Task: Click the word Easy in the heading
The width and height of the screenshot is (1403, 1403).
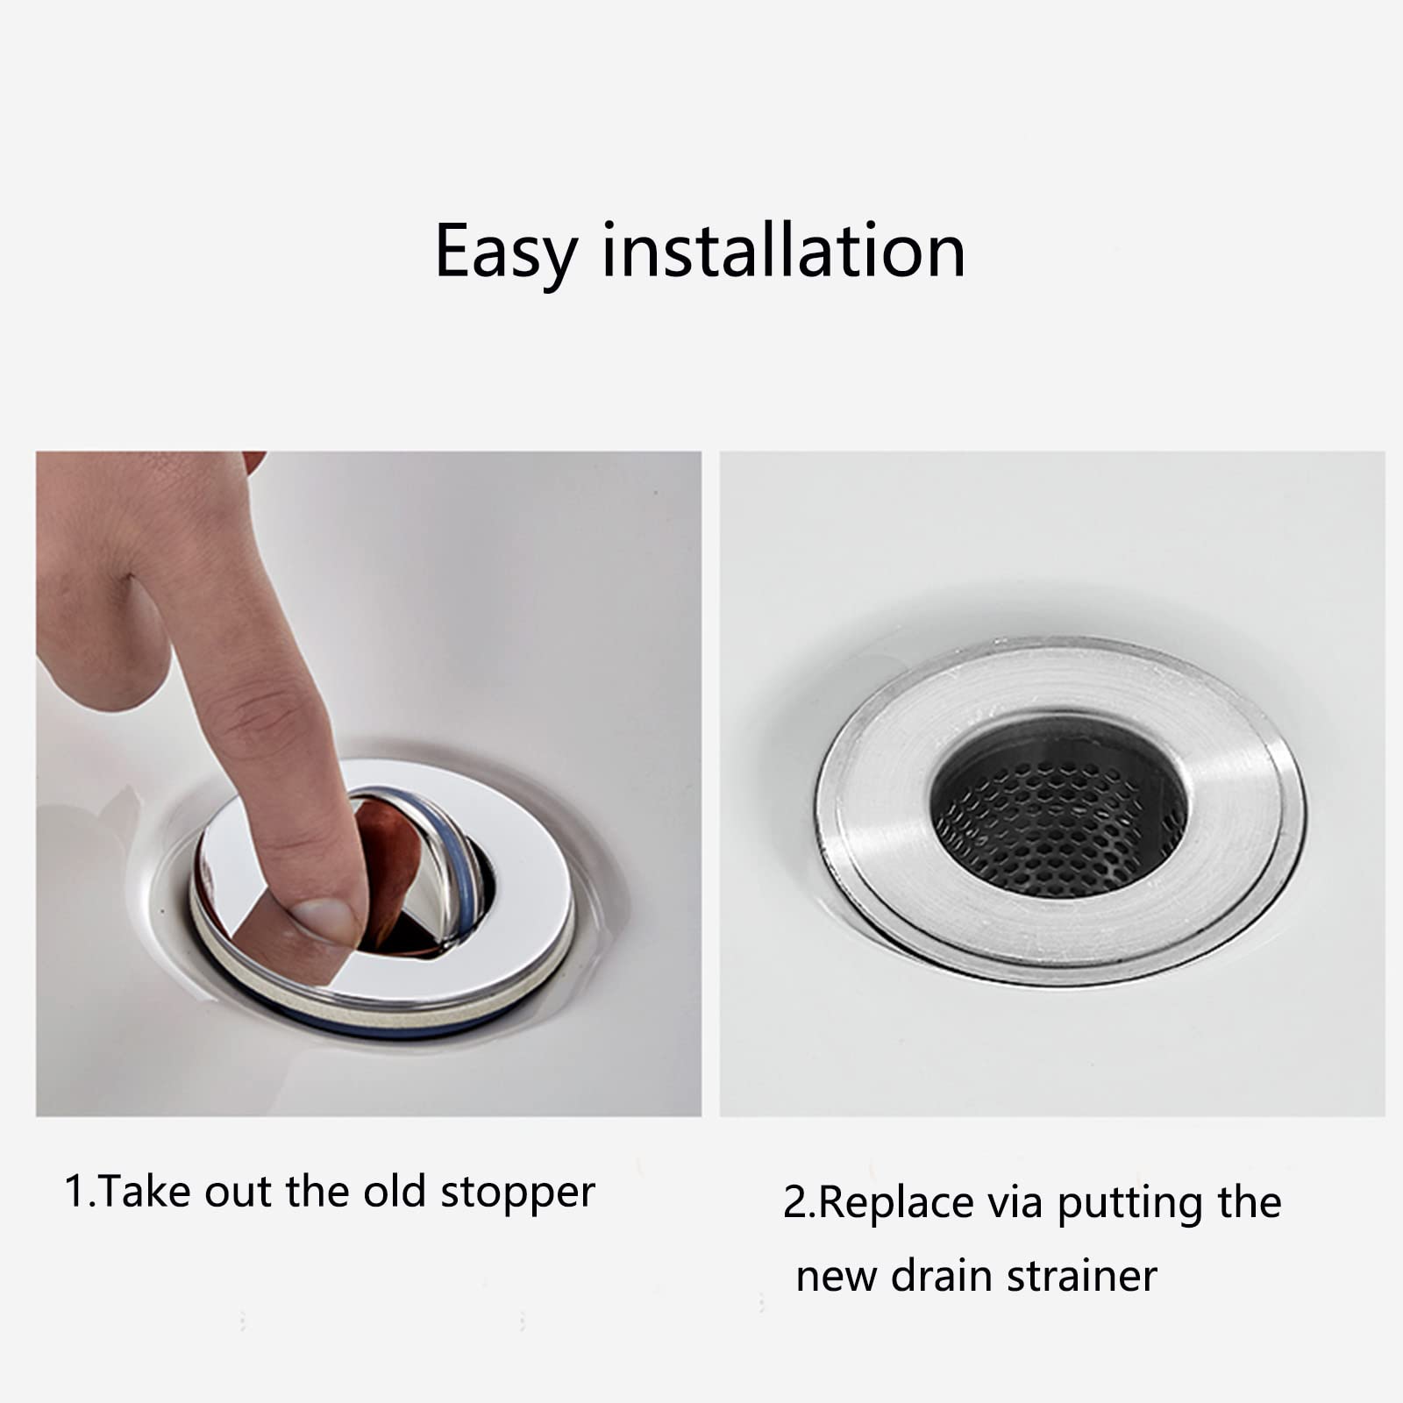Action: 504,253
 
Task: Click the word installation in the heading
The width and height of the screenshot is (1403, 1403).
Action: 783,251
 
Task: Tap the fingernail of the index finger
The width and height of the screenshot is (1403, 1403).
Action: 326,920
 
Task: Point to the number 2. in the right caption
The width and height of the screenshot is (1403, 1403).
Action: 799,1202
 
